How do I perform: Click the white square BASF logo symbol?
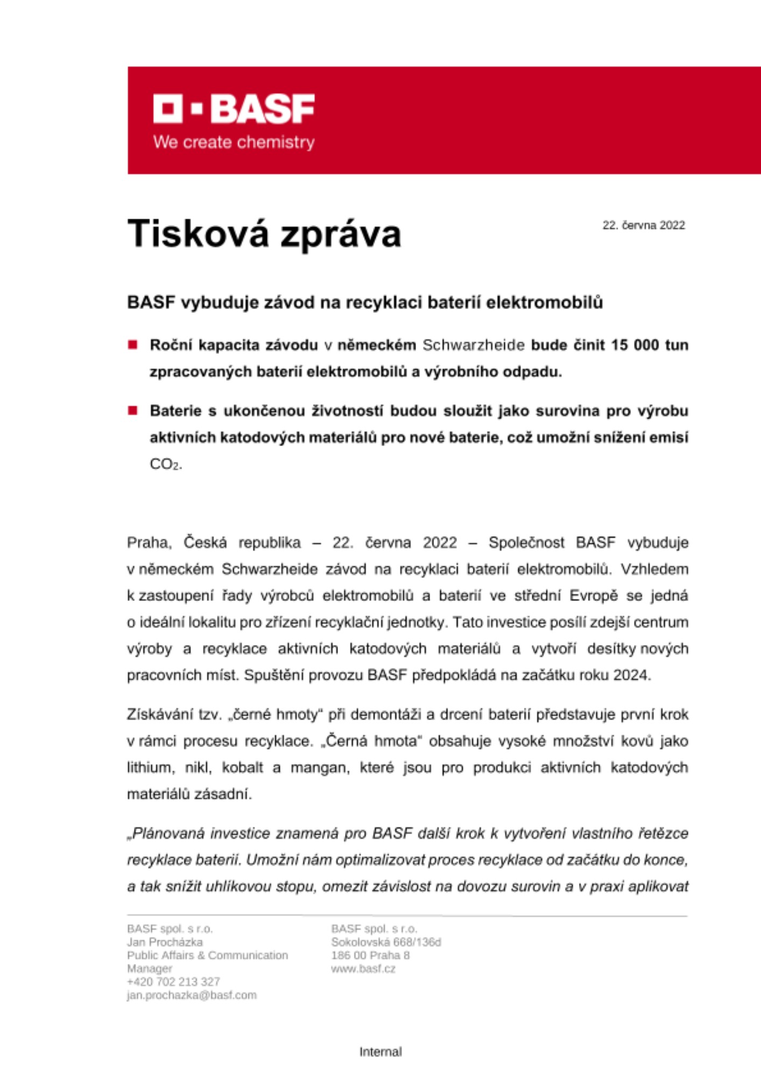point(167,109)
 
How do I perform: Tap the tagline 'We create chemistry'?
point(234,142)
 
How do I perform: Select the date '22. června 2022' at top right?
point(643,226)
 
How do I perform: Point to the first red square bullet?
point(133,345)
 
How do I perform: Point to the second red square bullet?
point(133,411)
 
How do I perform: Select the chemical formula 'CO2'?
point(165,464)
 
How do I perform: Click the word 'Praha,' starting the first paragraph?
point(149,542)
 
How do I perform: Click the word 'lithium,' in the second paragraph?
point(151,767)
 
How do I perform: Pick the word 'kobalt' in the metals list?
point(242,767)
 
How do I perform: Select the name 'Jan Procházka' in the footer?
point(165,942)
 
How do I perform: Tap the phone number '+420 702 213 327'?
point(173,982)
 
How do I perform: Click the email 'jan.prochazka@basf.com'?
point(192,995)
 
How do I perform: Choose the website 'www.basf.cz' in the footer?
point(363,969)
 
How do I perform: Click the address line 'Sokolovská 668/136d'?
point(386,942)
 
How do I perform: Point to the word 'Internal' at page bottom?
point(380,1052)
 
